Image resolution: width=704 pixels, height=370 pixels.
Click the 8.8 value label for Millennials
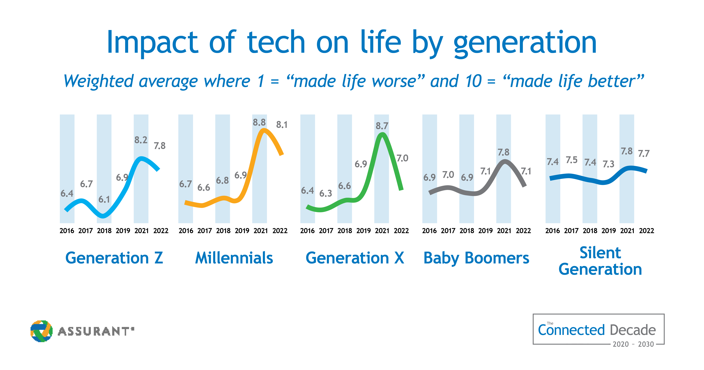pos(259,122)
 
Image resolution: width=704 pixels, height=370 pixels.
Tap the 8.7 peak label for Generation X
pos(382,126)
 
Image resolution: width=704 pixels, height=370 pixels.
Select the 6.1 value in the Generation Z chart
pos(104,199)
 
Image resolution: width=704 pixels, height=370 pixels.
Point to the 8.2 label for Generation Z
pos(141,140)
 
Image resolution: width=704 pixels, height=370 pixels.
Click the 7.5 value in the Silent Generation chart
pos(572,160)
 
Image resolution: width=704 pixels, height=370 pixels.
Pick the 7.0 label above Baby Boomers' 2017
pos(448,175)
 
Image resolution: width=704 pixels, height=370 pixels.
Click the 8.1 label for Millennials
pos(282,125)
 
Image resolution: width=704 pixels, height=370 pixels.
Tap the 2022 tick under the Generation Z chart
pos(161,231)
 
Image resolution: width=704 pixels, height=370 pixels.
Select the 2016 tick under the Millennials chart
pos(186,231)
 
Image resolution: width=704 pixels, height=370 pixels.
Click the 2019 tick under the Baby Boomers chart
pos(485,231)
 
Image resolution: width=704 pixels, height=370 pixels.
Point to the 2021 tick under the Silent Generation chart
pos(627,231)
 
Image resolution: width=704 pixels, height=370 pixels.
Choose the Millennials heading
pos(234,258)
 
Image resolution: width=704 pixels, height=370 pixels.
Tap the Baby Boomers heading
pos(476,258)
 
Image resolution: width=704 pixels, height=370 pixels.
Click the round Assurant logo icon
pos(41,331)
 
